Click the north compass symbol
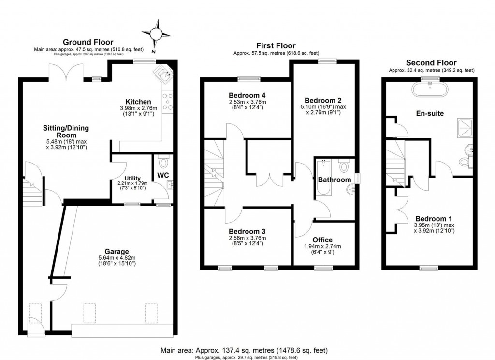(x=156, y=34)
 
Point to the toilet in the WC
(x=162, y=161)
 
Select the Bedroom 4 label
(x=247, y=95)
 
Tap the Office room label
(x=322, y=240)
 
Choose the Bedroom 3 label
(x=247, y=231)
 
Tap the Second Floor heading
(x=430, y=63)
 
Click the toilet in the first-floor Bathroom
(x=344, y=166)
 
